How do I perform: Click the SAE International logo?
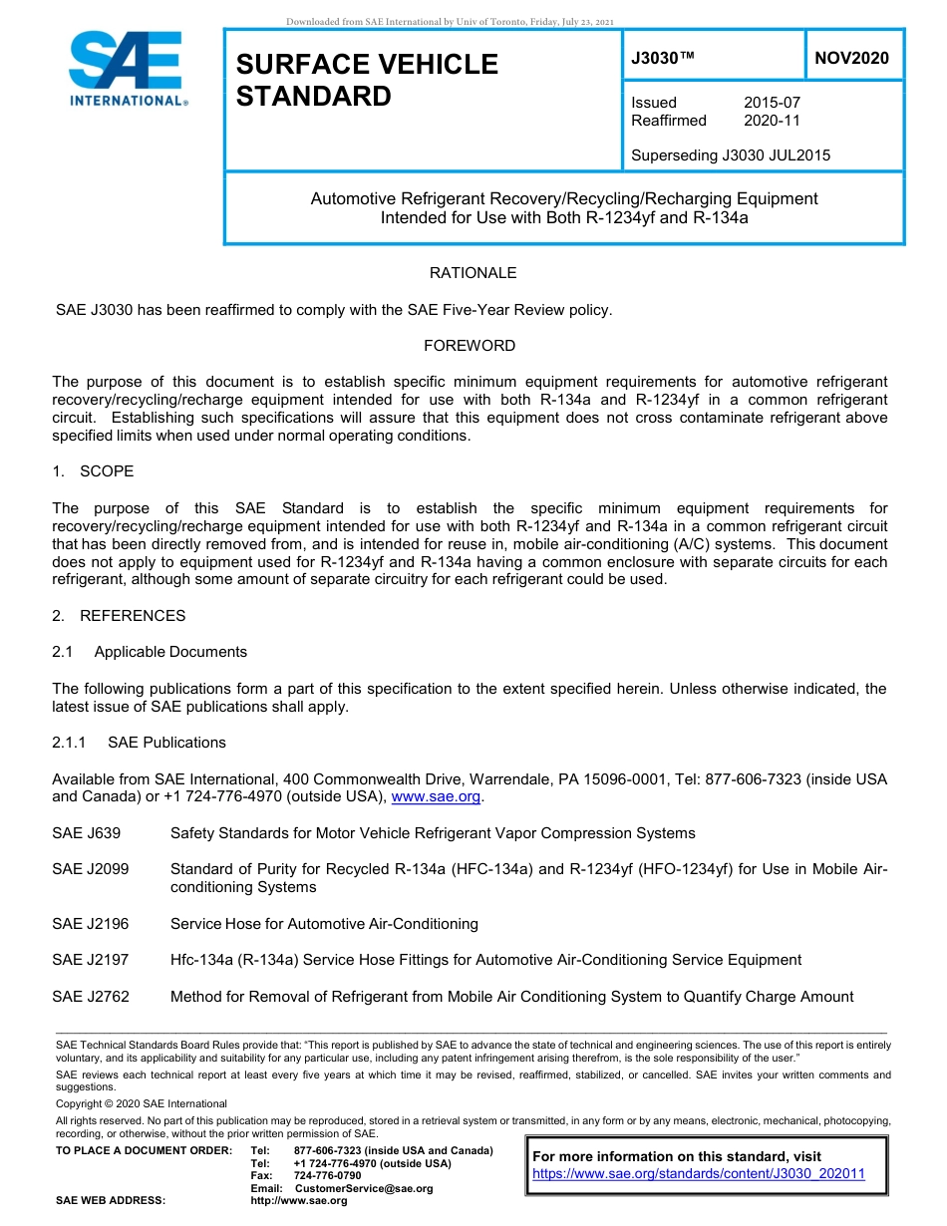[x=128, y=69]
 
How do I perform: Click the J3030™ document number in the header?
[x=662, y=59]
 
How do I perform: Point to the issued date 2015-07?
[x=772, y=103]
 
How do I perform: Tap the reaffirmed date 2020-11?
[x=772, y=121]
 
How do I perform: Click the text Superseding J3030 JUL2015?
[x=731, y=155]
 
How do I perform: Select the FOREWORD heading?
[x=470, y=346]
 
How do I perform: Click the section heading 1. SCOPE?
[x=93, y=471]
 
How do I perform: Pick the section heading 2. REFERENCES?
[x=119, y=616]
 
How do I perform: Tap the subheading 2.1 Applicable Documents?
[x=150, y=652]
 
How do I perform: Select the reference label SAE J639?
[x=86, y=833]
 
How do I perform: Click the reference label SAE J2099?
[x=90, y=869]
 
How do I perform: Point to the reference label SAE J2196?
[x=90, y=924]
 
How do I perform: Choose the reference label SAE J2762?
[x=90, y=997]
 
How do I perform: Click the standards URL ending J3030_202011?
[x=699, y=1174]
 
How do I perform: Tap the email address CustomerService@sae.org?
[x=364, y=1188]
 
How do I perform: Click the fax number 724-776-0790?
[x=327, y=1176]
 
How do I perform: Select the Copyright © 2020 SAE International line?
[x=142, y=1104]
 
